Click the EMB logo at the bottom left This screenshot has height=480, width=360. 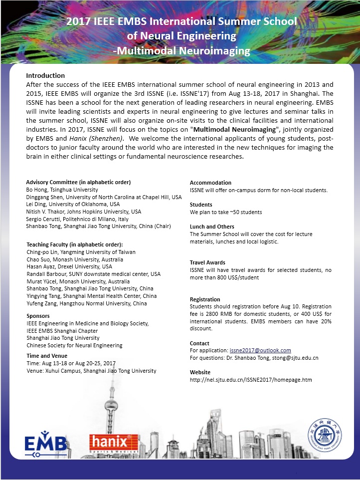click(x=46, y=442)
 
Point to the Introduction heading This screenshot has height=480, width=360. click(x=45, y=75)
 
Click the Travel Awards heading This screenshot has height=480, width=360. click(x=207, y=262)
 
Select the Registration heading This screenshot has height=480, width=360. click(x=205, y=299)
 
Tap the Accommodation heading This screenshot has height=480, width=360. click(x=210, y=183)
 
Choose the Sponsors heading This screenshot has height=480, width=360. click(x=38, y=316)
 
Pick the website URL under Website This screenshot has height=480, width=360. click(x=251, y=380)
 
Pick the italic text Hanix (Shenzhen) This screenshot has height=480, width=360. click(x=84, y=138)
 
